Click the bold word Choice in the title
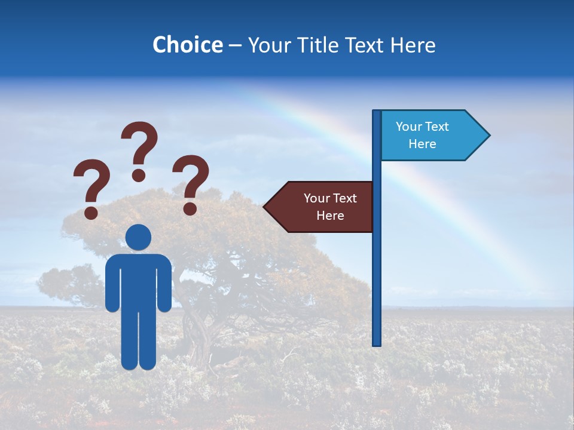tap(187, 45)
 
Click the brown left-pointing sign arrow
tap(323, 207)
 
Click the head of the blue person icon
tap(138, 237)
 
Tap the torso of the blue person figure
tap(138, 281)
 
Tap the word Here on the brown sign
tap(330, 216)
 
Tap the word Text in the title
tap(367, 45)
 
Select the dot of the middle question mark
tap(139, 174)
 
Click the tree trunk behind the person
tap(197, 334)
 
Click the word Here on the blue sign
tap(422, 144)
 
